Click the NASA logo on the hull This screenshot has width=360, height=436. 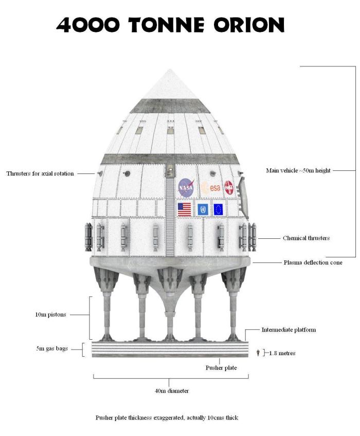pyautogui.click(x=186, y=188)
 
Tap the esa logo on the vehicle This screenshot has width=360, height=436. pyautogui.click(x=211, y=188)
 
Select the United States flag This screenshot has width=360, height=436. pyautogui.click(x=184, y=210)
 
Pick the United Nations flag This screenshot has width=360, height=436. pyautogui.click(x=203, y=210)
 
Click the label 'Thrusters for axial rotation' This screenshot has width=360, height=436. pyautogui.click(x=40, y=173)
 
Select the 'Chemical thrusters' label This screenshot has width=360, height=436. pyautogui.click(x=306, y=238)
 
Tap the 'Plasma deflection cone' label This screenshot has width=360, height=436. pyautogui.click(x=313, y=263)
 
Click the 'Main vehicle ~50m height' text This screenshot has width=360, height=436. pyautogui.click(x=298, y=170)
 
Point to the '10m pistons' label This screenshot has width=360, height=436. pyautogui.click(x=50, y=315)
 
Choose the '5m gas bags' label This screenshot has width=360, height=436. pyautogui.click(x=50, y=348)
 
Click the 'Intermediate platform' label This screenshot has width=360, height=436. pyautogui.click(x=289, y=329)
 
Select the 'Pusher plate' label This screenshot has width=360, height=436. pyautogui.click(x=221, y=368)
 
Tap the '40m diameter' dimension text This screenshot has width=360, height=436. pyautogui.click(x=172, y=391)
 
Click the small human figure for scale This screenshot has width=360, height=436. pyautogui.click(x=258, y=353)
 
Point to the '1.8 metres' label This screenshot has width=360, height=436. pyautogui.click(x=282, y=353)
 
